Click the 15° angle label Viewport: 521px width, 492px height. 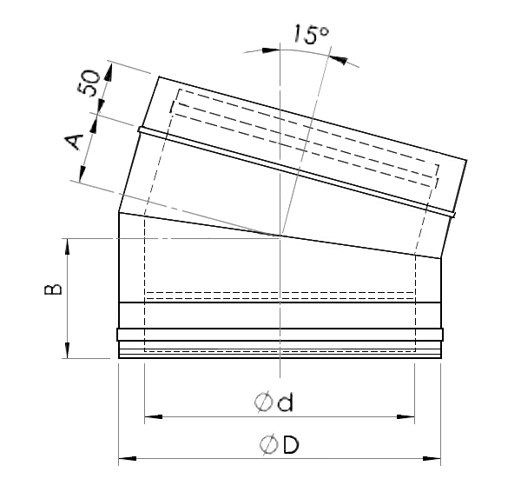311,34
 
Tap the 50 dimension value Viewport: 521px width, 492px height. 89,83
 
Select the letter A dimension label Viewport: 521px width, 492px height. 74,142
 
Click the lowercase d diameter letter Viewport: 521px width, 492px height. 286,402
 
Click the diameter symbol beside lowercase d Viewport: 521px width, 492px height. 265,402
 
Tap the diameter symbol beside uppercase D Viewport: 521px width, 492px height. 268,445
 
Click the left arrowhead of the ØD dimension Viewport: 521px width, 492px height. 128,458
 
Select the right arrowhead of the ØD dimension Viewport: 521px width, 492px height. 432,458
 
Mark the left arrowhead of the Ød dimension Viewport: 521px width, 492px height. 154,416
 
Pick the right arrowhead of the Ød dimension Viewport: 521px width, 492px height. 406,416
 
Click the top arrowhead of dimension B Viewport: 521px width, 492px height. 68,248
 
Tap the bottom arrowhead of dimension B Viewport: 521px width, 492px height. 68,349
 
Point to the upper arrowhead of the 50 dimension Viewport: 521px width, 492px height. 109,72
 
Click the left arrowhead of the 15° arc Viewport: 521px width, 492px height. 271,50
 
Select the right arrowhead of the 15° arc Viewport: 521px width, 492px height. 339,60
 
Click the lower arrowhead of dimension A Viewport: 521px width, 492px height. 82,173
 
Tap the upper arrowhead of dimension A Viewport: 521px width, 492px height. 93,125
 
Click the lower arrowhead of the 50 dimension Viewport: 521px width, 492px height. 100,106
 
